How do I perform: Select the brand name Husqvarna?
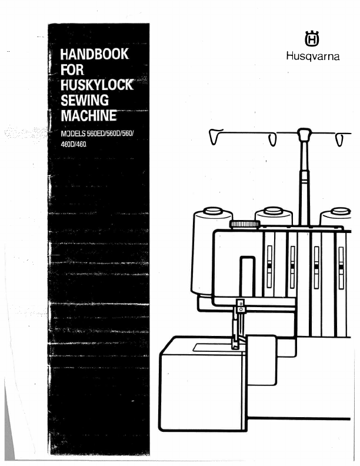pos(309,57)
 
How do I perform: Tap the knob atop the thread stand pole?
pos(304,135)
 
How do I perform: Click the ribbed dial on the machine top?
pos(245,224)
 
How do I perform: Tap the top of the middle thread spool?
pos(272,211)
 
